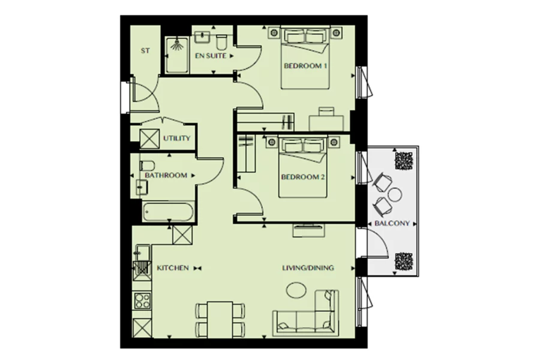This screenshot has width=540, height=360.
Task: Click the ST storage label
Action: (145, 50)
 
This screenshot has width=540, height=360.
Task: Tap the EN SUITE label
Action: (211, 55)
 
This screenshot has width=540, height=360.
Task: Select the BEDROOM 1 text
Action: (305, 65)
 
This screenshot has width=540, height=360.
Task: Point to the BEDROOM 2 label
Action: (303, 177)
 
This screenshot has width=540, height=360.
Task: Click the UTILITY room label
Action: (176, 138)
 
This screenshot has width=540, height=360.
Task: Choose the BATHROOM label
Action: (166, 175)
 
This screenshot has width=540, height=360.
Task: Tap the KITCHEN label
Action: (173, 268)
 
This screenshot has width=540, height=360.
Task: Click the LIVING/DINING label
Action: (308, 268)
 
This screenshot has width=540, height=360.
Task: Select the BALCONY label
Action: (392, 223)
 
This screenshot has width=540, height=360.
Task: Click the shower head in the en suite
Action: (177, 45)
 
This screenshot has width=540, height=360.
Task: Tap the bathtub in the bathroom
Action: (168, 212)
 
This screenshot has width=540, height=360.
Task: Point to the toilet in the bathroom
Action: (147, 166)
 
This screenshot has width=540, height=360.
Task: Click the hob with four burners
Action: (142, 301)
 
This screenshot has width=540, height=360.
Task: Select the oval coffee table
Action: (296, 290)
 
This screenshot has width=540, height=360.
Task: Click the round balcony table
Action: (395, 194)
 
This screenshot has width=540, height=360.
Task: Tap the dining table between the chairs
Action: (220, 319)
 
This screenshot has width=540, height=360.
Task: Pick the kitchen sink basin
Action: (142, 253)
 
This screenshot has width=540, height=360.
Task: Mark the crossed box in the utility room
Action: (149, 139)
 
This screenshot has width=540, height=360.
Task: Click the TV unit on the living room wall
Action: (308, 230)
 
